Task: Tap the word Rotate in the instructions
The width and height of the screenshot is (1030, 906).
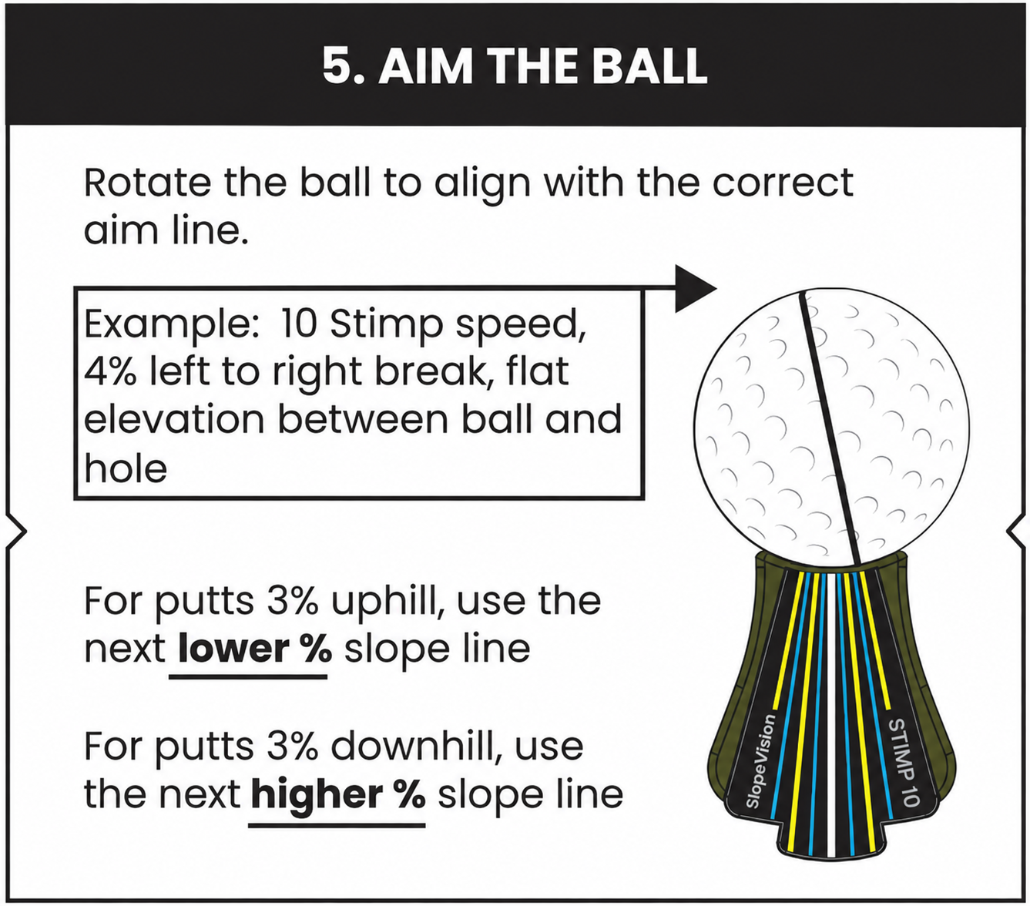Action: coord(147,183)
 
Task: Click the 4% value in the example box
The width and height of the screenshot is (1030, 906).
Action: coord(110,371)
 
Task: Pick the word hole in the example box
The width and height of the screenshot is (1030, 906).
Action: coord(126,468)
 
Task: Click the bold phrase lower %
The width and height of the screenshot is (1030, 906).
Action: coord(255,649)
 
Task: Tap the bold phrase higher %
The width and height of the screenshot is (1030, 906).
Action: coord(338,794)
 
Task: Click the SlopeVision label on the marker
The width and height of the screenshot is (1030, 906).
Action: coord(761,761)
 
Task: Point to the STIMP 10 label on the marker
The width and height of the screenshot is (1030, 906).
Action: coord(903,762)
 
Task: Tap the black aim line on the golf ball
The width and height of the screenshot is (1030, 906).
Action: coord(830,428)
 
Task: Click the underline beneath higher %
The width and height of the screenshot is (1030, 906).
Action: coord(337,825)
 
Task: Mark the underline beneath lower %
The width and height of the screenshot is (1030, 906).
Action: coord(248,676)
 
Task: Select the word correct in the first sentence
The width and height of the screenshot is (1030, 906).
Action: coord(783,183)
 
